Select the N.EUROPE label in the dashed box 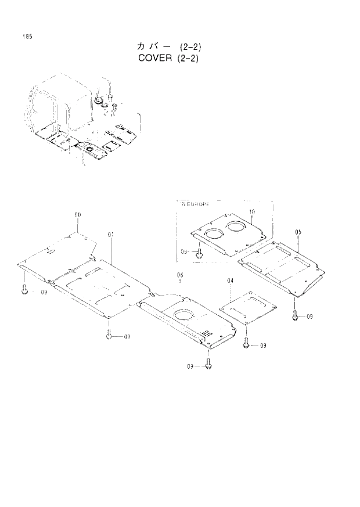click(195, 204)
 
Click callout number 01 click(110, 234)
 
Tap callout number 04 click(231, 281)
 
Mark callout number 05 click(298, 232)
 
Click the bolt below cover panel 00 click(24, 290)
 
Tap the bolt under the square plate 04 click(246, 344)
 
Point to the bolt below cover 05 click(296, 315)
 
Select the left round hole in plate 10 click(214, 233)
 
